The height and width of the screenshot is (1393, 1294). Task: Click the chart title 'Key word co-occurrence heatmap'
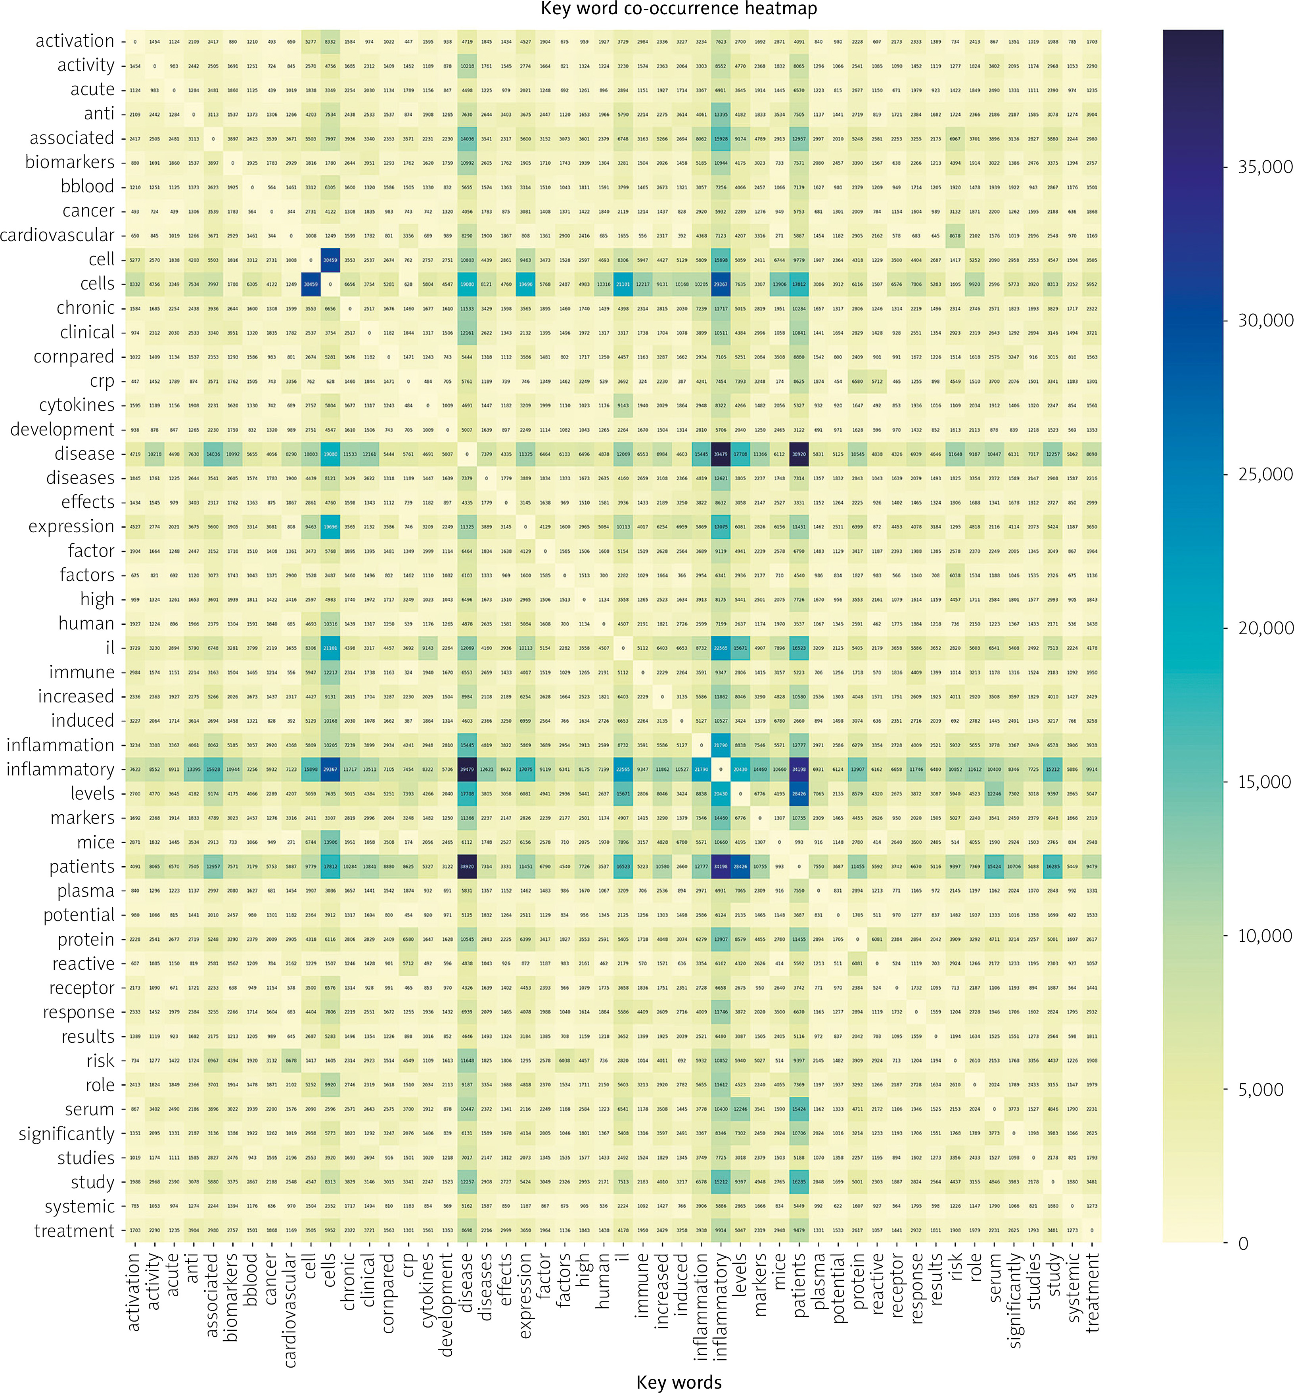pyautogui.click(x=679, y=9)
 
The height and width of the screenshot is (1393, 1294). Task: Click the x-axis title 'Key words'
pyautogui.click(x=679, y=1382)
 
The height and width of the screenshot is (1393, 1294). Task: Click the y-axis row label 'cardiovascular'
pyautogui.click(x=58, y=235)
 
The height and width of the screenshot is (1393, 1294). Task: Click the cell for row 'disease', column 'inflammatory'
pyautogui.click(x=721, y=454)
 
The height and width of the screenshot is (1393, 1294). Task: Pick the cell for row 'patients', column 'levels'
pyautogui.click(x=740, y=866)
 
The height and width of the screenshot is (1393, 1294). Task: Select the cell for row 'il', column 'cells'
pyautogui.click(x=330, y=648)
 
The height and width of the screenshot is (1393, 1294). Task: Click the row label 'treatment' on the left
pyautogui.click(x=74, y=1230)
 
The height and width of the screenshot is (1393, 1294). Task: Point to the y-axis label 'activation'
pyautogui.click(x=75, y=41)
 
